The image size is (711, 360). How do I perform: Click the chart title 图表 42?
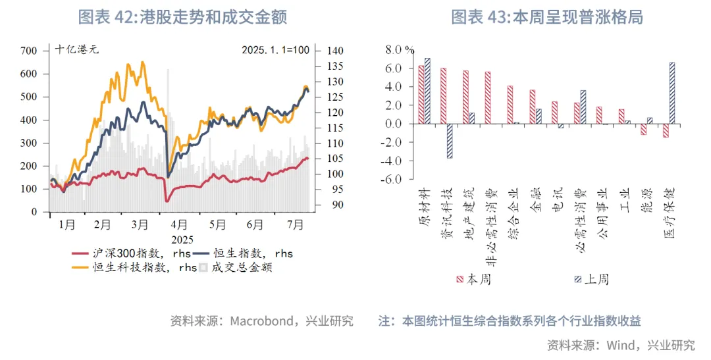tap(182, 17)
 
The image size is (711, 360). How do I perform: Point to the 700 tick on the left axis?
tap(29, 51)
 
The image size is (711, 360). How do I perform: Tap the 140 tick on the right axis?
tap(334, 51)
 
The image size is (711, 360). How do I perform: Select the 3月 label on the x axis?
tap(139, 224)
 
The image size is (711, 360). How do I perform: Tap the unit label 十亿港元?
tap(76, 50)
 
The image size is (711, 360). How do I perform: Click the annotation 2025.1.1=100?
tap(275, 50)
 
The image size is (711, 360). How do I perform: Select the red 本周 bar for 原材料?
tap(421, 95)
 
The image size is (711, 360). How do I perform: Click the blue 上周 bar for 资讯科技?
tap(450, 141)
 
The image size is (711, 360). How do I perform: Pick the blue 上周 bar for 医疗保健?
tap(671, 93)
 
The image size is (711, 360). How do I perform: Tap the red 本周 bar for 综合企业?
tap(510, 105)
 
